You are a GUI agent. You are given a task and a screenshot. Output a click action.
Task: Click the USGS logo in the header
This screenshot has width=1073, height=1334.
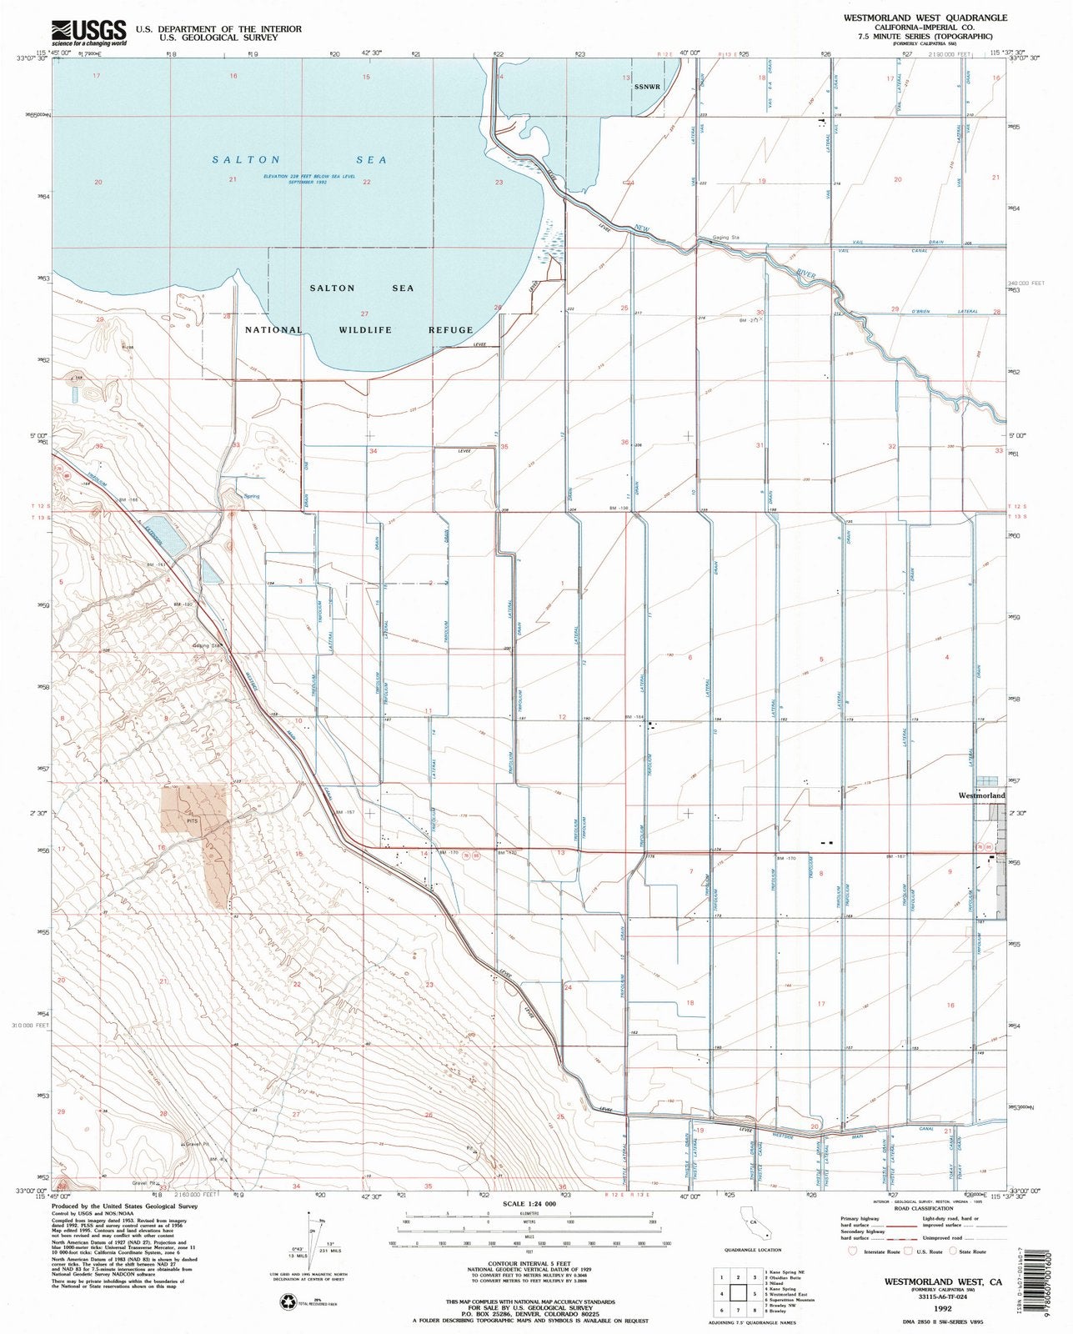pos(88,32)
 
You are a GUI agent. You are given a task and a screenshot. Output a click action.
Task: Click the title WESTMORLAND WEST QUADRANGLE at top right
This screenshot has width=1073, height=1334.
pos(935,18)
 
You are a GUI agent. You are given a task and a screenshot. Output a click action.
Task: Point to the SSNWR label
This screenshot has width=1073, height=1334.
pos(646,87)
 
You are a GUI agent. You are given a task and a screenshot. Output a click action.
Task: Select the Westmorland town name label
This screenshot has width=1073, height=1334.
pos(980,796)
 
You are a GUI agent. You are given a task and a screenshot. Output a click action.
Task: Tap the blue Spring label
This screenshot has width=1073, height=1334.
pos(251,496)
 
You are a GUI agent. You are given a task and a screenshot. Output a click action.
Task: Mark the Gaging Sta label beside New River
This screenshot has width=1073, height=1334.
pos(726,238)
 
